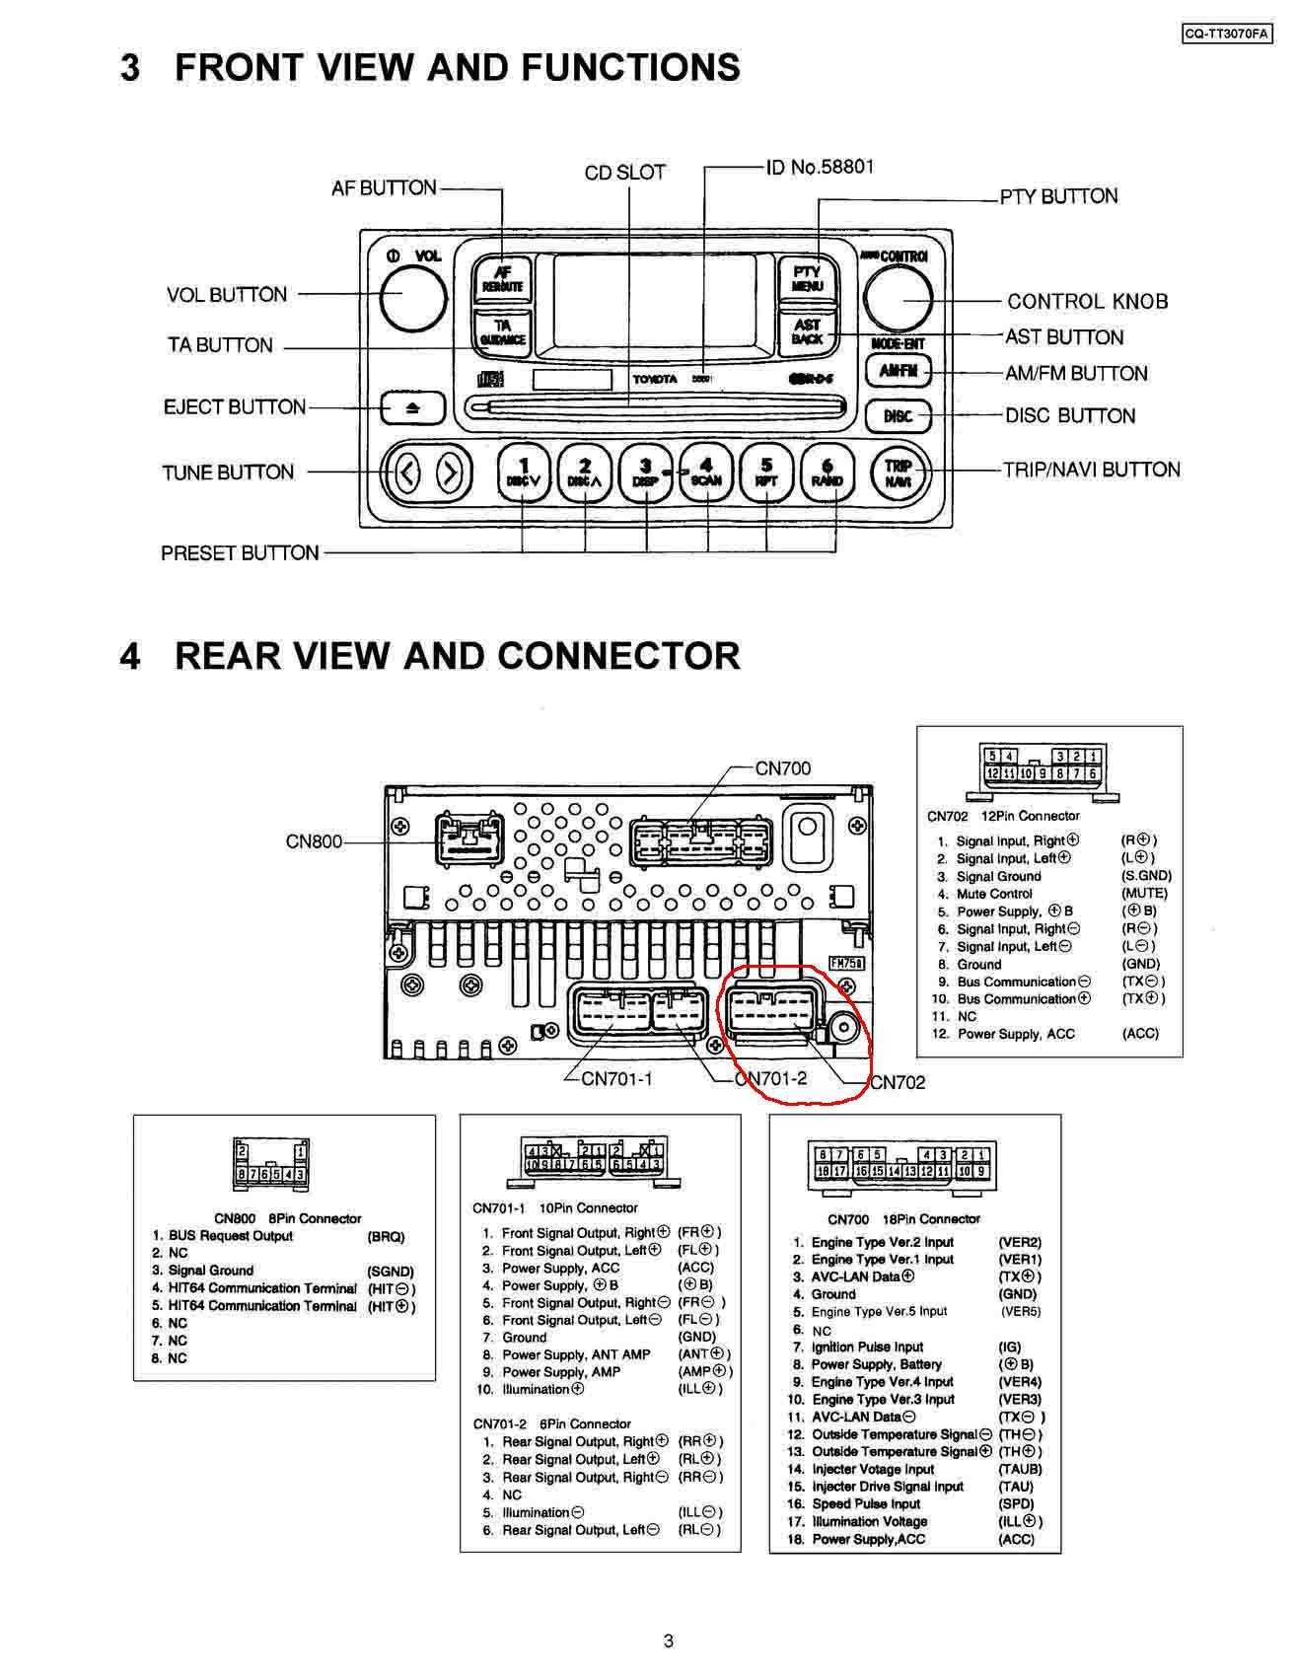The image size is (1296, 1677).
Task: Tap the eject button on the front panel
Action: coord(412,407)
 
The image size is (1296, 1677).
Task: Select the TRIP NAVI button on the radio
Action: coord(899,474)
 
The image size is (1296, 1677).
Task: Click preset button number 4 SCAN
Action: coord(706,474)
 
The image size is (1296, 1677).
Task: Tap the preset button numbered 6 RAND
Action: coord(828,474)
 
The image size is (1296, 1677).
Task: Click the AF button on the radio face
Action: coord(502,279)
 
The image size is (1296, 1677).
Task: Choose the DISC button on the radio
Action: coord(898,415)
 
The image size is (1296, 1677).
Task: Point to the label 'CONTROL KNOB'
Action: coord(1087,301)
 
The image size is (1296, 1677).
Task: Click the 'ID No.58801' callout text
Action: coord(820,167)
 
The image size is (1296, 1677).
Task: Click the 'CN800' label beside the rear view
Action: coord(314,841)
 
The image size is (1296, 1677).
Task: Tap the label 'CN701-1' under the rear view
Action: coord(616,1078)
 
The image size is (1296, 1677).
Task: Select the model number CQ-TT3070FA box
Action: coord(1227,34)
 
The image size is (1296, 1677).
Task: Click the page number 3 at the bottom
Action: coord(669,1641)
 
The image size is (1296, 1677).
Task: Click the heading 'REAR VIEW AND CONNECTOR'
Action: coord(457,656)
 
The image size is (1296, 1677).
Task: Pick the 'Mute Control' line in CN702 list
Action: coord(994,894)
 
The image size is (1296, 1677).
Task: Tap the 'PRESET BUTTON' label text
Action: coord(240,553)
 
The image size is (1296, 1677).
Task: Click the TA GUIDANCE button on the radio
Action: coord(502,331)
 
